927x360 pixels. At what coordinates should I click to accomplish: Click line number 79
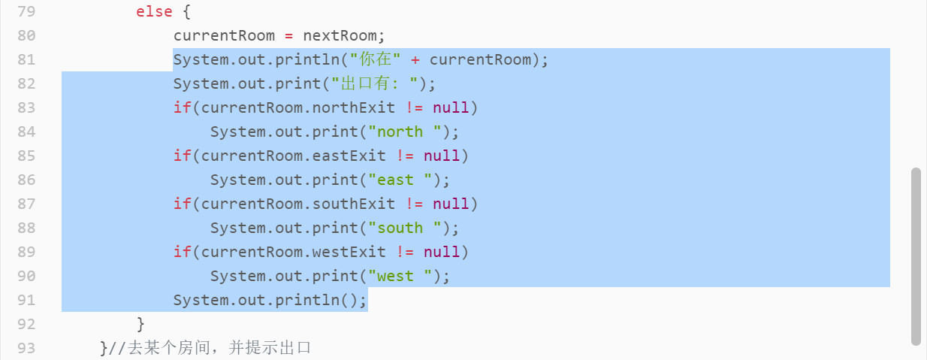click(26, 11)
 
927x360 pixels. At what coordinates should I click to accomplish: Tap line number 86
click(26, 180)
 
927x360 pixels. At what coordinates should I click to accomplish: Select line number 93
click(26, 348)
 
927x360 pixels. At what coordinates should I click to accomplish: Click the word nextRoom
click(343, 35)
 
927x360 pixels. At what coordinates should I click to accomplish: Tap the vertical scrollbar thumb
click(916, 256)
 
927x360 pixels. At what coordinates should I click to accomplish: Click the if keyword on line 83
click(182, 107)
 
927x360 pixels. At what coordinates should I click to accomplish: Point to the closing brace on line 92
click(140, 324)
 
